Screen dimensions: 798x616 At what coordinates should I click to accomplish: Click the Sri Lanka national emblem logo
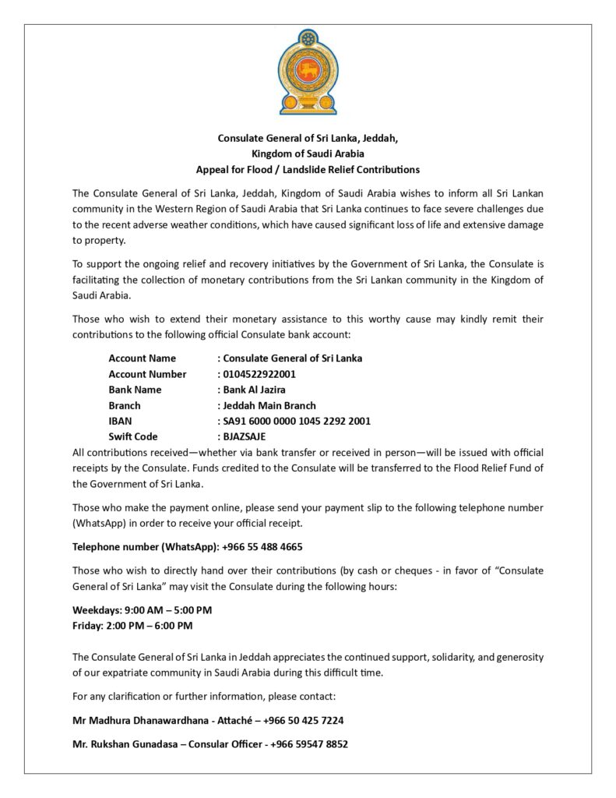tap(308, 72)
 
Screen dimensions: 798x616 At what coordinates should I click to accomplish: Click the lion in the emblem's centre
tap(308, 69)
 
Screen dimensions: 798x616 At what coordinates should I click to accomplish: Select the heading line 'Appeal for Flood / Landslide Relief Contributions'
tap(308, 169)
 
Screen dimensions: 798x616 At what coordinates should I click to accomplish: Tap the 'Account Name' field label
tap(142, 358)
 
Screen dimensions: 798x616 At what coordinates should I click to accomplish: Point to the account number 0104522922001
tap(259, 374)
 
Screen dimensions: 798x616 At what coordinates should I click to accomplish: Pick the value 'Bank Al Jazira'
tap(254, 390)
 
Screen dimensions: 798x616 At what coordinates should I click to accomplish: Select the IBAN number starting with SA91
tap(297, 421)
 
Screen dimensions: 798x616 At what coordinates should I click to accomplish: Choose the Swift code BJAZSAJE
tap(244, 436)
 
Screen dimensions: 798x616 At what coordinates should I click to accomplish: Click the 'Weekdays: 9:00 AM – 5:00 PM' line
tap(142, 609)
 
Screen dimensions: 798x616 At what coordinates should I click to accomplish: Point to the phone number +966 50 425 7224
tap(303, 720)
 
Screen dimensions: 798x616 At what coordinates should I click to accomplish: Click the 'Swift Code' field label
tap(133, 436)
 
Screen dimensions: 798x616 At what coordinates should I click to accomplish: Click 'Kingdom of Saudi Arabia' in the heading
tap(308, 154)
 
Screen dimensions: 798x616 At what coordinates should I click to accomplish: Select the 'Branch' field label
tap(125, 405)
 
